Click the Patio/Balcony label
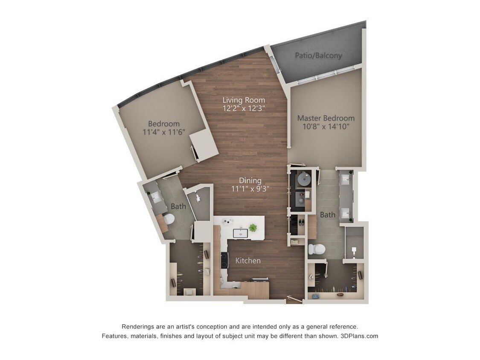tap(318, 55)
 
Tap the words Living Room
tap(244, 100)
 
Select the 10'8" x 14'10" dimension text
tap(326, 127)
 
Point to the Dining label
tap(250, 180)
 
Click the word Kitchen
tap(248, 260)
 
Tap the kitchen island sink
tap(240, 232)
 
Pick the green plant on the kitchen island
tap(253, 228)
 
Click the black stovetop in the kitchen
tap(224, 260)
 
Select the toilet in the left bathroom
tap(169, 219)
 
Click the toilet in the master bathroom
tap(317, 249)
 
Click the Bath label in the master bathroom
tap(327, 215)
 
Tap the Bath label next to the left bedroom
tap(178, 206)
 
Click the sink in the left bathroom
tap(154, 197)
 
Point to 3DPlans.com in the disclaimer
tap(359, 336)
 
